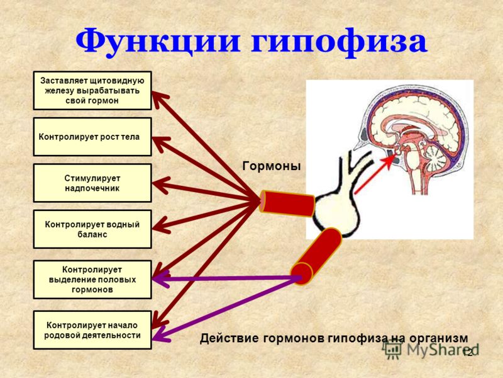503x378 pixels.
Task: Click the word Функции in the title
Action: point(158,42)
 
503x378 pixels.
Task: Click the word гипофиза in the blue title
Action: point(339,42)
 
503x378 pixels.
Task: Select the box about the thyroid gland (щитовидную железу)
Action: point(92,91)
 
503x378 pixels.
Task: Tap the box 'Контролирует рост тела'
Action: point(92,137)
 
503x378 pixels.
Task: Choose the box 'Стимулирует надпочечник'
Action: point(92,183)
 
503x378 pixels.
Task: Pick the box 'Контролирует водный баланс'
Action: point(92,229)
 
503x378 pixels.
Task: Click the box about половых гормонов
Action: point(92,280)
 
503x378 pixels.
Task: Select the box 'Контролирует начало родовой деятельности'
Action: point(92,330)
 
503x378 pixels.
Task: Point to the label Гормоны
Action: point(272,166)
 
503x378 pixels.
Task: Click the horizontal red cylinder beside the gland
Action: point(287,203)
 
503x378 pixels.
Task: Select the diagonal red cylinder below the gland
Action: point(316,256)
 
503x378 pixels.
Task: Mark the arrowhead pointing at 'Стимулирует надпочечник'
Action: point(160,185)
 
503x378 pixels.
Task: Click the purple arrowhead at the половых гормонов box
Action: point(161,278)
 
